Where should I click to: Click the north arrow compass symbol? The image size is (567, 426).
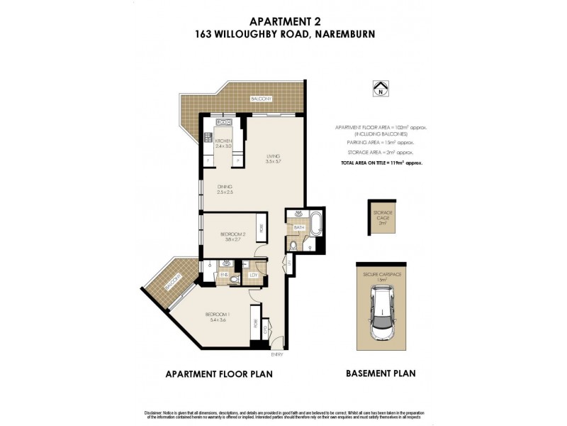(381, 89)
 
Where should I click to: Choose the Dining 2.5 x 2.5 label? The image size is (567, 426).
(225, 190)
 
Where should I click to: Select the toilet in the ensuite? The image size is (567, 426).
(235, 279)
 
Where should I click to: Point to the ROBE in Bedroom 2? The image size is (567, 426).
(261, 229)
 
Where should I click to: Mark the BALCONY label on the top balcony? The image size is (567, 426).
(261, 99)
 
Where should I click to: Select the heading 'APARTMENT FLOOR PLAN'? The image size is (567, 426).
(218, 373)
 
